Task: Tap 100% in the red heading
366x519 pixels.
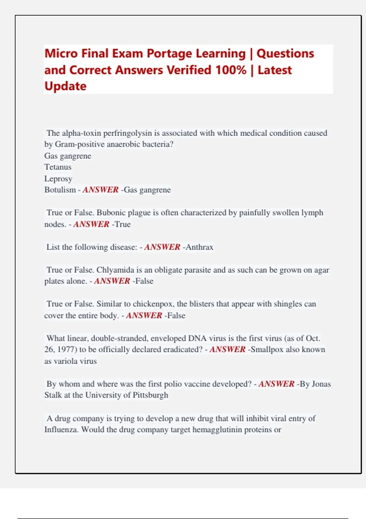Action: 231,70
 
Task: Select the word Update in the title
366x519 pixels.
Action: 65,86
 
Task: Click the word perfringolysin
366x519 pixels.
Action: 127,133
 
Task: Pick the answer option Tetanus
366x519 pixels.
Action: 58,167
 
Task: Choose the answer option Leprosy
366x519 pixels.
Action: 58,179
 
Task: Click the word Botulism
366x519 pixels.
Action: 60,190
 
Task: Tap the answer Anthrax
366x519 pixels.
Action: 199,247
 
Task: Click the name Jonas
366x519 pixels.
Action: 321,384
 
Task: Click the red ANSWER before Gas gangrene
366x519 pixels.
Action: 100,190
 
